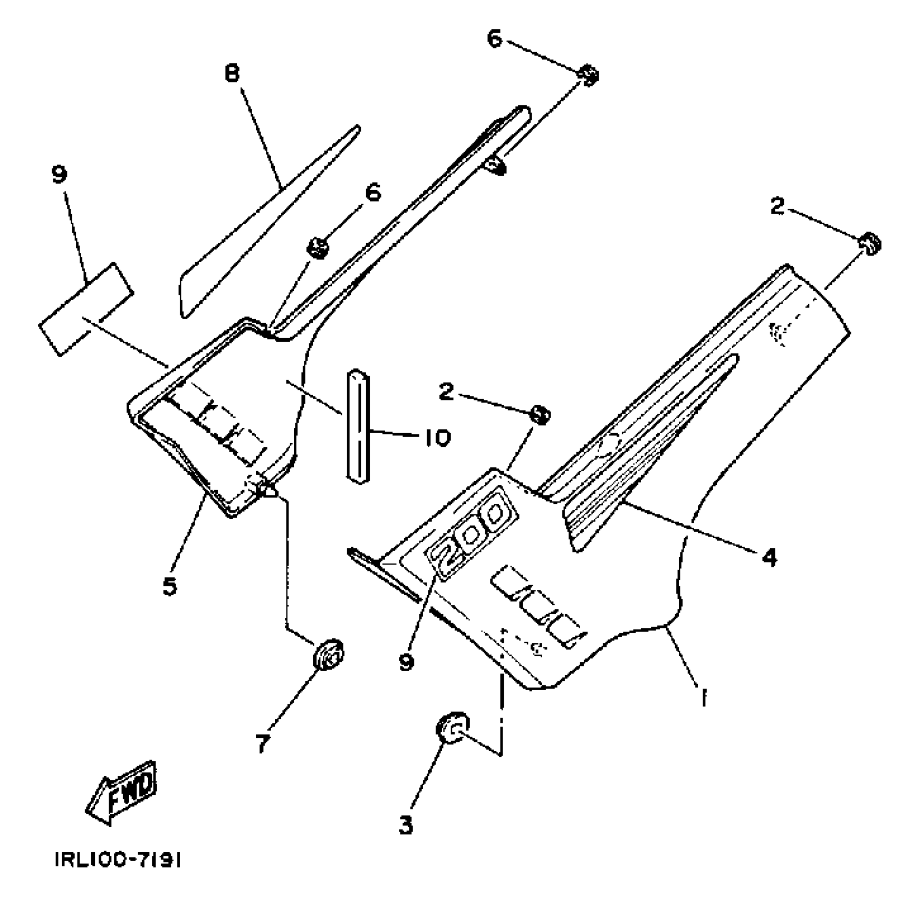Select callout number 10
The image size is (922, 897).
click(436, 437)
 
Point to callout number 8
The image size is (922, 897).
click(233, 73)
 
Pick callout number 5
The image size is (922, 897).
click(169, 586)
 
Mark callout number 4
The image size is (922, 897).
click(770, 557)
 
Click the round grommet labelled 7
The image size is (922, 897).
click(328, 654)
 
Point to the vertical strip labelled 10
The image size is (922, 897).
click(357, 427)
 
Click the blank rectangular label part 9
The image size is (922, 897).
click(86, 309)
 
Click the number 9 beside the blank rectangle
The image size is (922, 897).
click(60, 175)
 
